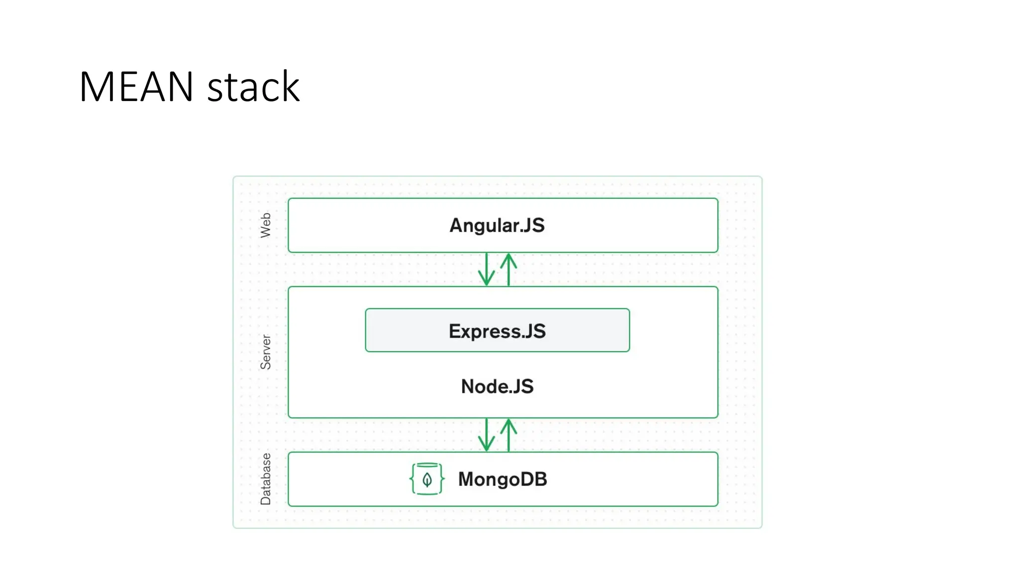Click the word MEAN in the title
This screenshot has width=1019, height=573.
[x=136, y=87]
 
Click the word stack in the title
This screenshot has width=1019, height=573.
[x=253, y=87]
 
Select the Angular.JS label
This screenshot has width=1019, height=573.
[x=497, y=225]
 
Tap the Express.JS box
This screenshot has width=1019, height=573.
[x=497, y=331]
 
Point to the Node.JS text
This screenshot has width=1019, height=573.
[x=497, y=386]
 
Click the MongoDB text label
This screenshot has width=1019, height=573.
[x=503, y=479]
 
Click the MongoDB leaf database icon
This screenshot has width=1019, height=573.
[x=427, y=479]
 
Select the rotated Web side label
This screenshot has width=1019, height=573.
[x=266, y=225]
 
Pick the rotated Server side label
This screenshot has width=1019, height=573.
[x=266, y=352]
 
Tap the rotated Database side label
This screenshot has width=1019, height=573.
[x=266, y=479]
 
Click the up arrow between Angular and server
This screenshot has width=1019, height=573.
[x=509, y=269]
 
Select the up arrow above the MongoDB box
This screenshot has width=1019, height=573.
[x=509, y=435]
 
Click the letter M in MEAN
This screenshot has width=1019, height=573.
[x=97, y=87]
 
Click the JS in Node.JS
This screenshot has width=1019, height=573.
[x=523, y=386]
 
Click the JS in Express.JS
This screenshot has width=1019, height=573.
[x=535, y=331]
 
